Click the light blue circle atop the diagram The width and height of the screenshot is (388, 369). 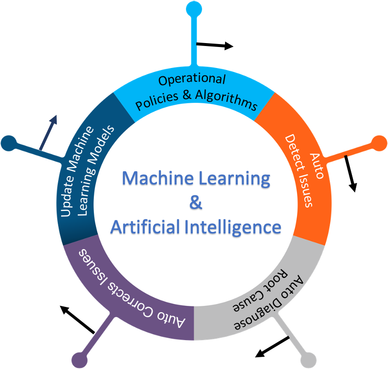(x=194, y=8)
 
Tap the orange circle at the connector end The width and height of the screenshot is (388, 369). (x=379, y=142)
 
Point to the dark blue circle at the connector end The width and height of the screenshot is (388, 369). (x=8, y=143)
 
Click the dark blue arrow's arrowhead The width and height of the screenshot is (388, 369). (x=54, y=119)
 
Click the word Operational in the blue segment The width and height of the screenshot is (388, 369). (x=192, y=80)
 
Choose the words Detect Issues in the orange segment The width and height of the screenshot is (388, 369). (x=299, y=172)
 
